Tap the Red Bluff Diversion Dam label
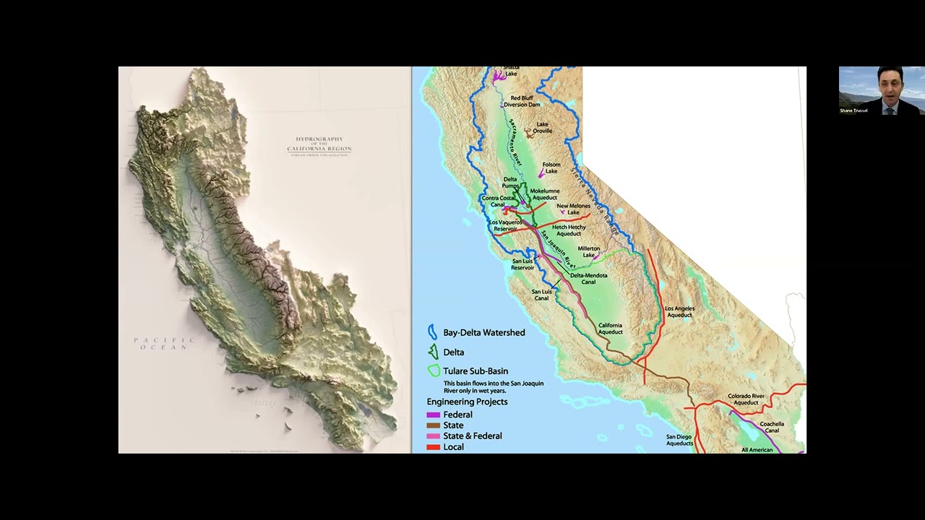pos(522,101)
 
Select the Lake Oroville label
pos(542,128)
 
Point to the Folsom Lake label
pos(551,168)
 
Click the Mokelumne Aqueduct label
pos(544,194)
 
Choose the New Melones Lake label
pos(573,209)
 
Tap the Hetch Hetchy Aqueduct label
pos(569,230)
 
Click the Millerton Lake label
pos(588,252)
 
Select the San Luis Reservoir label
pos(522,264)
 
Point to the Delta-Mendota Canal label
pos(588,278)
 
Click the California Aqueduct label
pos(610,329)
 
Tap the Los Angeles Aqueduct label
pos(679,311)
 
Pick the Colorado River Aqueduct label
pos(746,399)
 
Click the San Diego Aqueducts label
pos(679,440)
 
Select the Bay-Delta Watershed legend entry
pos(483,333)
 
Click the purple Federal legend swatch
pos(433,415)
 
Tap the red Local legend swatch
pos(433,447)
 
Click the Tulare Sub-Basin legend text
pos(475,371)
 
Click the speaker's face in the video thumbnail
pos(887,84)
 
